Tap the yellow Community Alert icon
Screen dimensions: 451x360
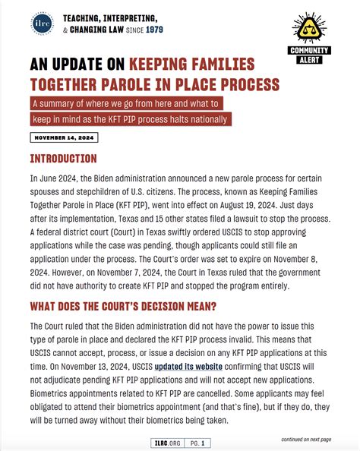(x=309, y=29)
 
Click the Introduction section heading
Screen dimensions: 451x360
(x=63, y=159)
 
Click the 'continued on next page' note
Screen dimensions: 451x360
(x=305, y=439)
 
